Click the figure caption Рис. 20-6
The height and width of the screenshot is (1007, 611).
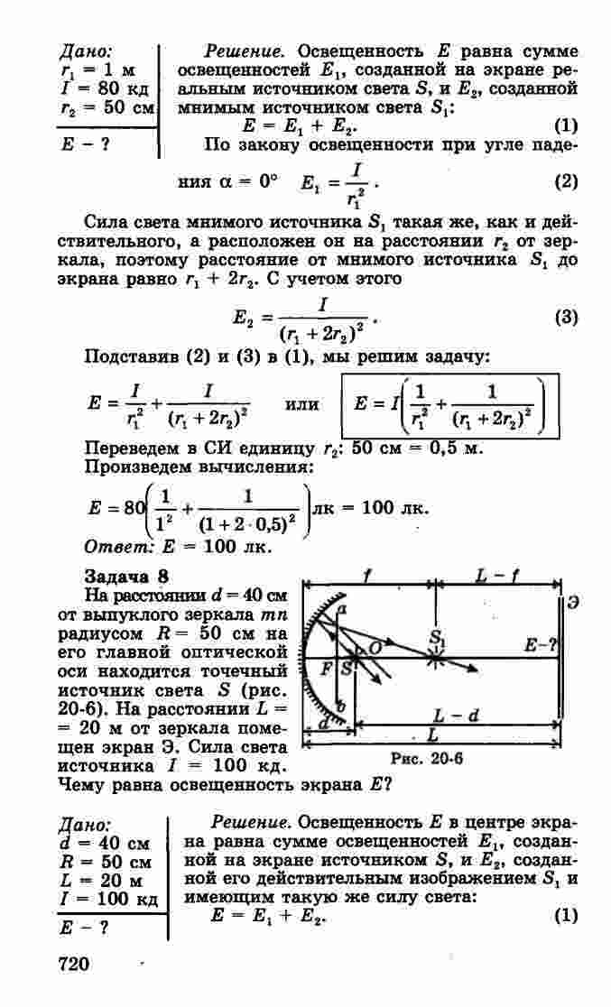point(424,759)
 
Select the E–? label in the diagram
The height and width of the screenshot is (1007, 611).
point(539,646)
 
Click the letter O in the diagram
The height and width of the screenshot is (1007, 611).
point(375,649)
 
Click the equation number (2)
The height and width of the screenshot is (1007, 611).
point(565,181)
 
